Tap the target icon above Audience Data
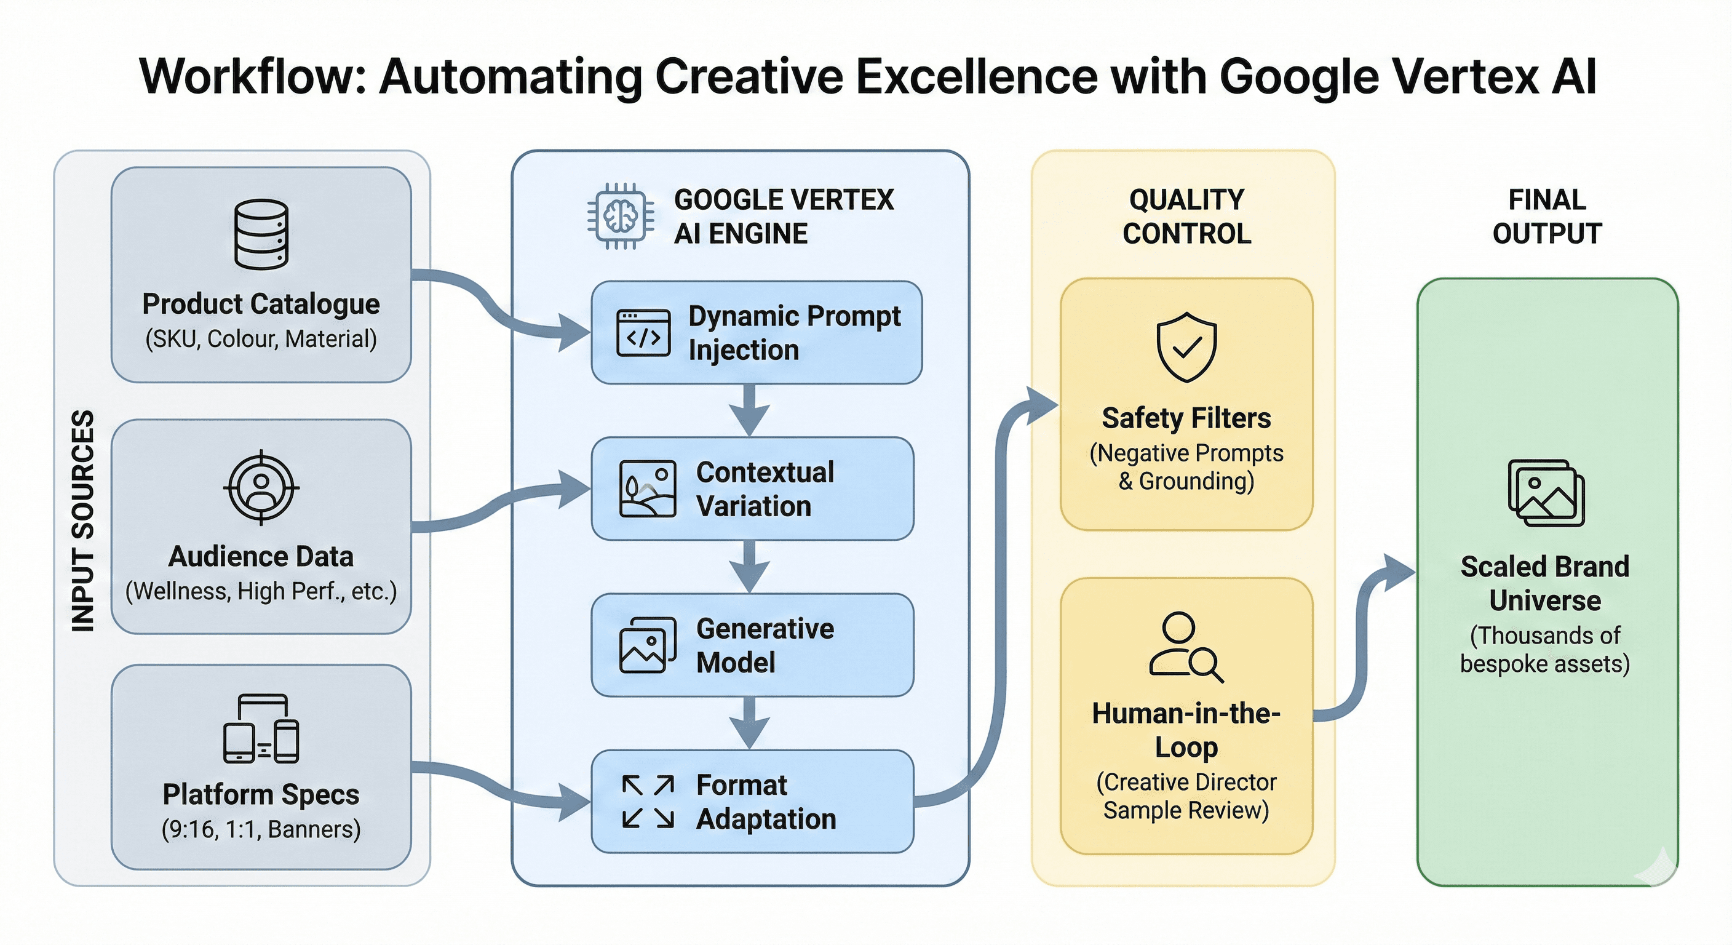(x=261, y=487)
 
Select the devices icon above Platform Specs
(x=261, y=729)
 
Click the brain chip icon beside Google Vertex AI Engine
(x=620, y=216)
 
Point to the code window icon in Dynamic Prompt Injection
(x=643, y=333)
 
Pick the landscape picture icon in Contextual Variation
(x=648, y=489)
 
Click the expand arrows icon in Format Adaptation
(x=648, y=802)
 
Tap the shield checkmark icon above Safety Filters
(x=1186, y=347)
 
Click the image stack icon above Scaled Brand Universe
(x=1546, y=493)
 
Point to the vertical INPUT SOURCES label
(x=82, y=520)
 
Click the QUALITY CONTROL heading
(x=1186, y=217)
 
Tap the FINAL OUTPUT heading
(x=1547, y=217)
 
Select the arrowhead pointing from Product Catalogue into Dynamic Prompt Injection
(x=573, y=332)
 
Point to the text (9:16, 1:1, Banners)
(x=261, y=829)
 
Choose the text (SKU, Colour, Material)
(x=261, y=338)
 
